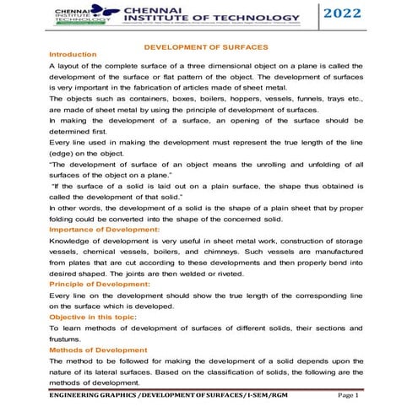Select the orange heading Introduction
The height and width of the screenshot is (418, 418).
point(73,55)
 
